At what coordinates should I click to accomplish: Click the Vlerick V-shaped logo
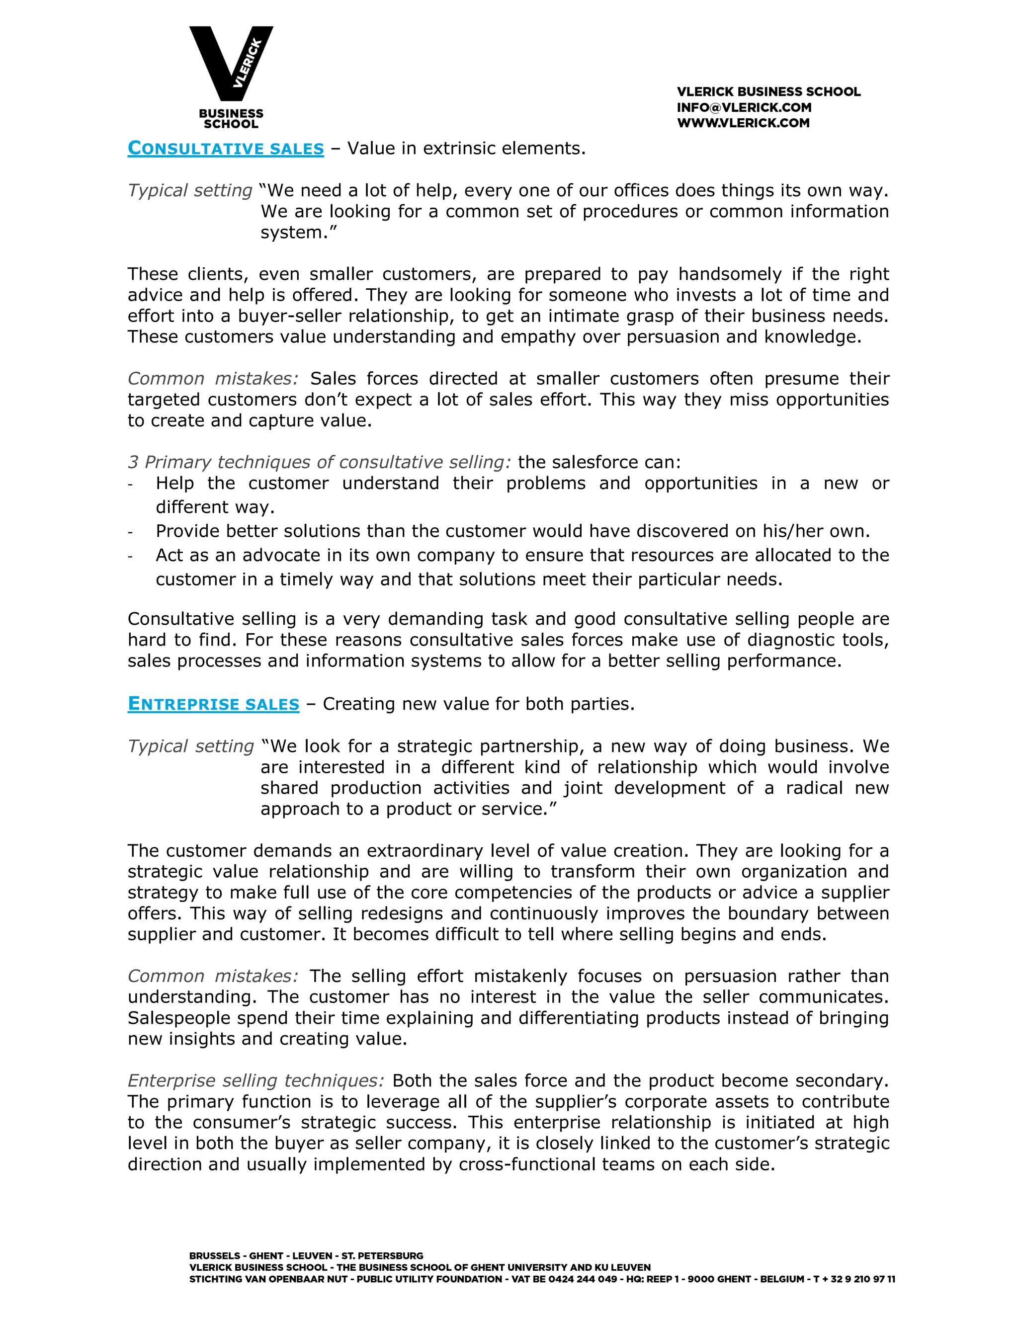point(231,63)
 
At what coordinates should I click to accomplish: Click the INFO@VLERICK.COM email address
point(744,107)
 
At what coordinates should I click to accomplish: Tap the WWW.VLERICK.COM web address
point(743,123)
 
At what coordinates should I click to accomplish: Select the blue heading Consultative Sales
point(226,148)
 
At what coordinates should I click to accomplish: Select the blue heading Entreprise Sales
point(213,704)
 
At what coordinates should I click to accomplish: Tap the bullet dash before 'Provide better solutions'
point(130,532)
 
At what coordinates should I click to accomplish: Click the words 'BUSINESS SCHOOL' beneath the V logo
point(231,119)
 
